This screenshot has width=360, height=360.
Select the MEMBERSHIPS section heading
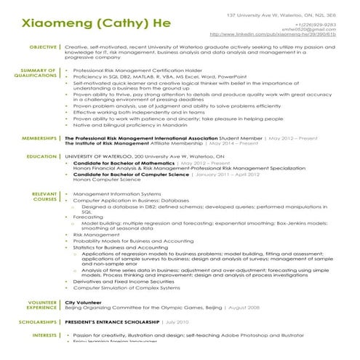40,137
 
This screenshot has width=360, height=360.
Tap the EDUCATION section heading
42,156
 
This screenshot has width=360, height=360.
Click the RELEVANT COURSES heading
44,196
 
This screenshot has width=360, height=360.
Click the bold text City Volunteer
81,301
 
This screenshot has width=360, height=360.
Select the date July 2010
177,321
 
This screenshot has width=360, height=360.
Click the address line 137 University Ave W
281,15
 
